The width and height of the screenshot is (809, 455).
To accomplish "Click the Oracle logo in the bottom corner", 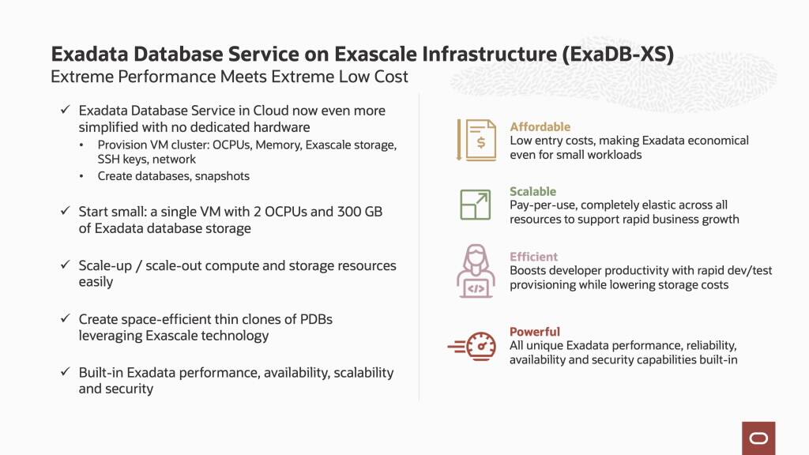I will [x=758, y=438].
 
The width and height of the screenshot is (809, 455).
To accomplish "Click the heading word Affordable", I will [x=540, y=126].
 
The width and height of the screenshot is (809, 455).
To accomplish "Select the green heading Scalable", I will [x=532, y=191].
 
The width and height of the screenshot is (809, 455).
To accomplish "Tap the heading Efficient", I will [x=533, y=257].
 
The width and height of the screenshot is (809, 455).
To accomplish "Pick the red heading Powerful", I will [x=535, y=332].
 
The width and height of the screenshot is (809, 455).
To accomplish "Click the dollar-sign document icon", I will [x=476, y=140].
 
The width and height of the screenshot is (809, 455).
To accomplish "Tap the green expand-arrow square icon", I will [x=476, y=205].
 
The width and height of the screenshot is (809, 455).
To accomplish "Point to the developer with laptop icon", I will [x=476, y=270].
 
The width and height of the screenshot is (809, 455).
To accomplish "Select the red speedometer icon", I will [x=472, y=346].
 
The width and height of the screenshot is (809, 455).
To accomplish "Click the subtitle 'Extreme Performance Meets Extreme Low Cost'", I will [x=229, y=77].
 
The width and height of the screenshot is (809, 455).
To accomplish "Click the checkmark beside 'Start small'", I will [x=66, y=212].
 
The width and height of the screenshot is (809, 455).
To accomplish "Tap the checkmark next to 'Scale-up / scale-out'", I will [x=66, y=266].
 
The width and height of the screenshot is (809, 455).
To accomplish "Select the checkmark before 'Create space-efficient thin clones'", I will [x=66, y=320].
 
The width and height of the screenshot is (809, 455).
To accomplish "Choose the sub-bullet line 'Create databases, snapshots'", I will [x=173, y=176].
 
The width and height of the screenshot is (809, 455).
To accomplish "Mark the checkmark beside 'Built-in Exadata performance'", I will [x=66, y=373].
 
